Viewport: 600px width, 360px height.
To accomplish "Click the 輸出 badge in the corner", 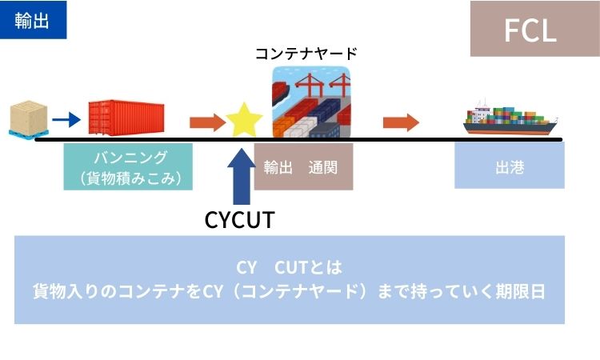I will pyautogui.click(x=33, y=20).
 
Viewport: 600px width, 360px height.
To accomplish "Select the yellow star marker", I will pyautogui.click(x=244, y=120).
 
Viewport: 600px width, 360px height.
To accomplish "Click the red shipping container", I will pyautogui.click(x=127, y=119).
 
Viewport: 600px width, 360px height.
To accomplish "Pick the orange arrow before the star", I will pyautogui.click(x=206, y=122).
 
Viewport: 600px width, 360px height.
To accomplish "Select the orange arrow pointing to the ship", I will pyautogui.click(x=401, y=122).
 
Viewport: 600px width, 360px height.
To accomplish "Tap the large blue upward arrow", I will pyautogui.click(x=238, y=178).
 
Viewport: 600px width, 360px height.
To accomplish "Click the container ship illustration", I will pyautogui.click(x=511, y=122).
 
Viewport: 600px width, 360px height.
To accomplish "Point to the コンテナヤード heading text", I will pyautogui.click(x=306, y=54).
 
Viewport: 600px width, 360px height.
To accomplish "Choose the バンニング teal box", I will pyautogui.click(x=128, y=166).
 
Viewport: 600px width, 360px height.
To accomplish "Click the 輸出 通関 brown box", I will pyautogui.click(x=303, y=166).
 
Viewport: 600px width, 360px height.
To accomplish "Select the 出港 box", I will pyautogui.click(x=509, y=166).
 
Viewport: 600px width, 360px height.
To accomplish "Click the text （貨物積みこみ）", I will pyautogui.click(x=128, y=178).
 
